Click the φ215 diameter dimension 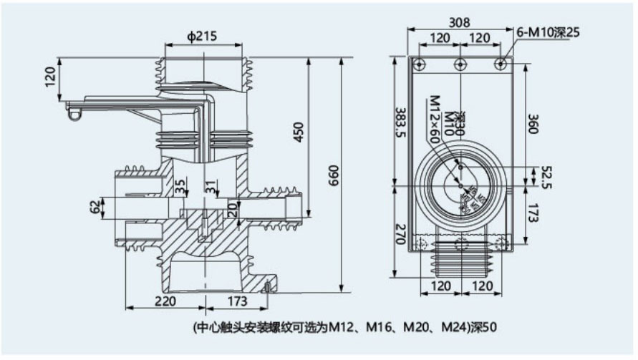(x=203, y=37)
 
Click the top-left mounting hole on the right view (x=419, y=65)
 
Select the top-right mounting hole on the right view (x=500, y=65)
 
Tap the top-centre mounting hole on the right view (x=460, y=65)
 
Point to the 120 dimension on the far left (x=49, y=75)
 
